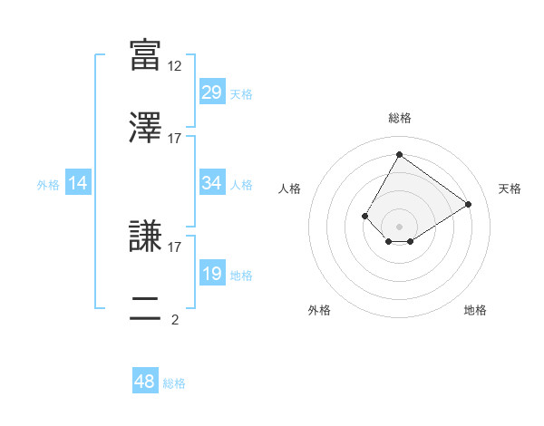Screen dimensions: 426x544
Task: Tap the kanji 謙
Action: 145,235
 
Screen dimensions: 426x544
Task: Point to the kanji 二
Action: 145,307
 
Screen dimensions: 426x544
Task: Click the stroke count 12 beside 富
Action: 175,65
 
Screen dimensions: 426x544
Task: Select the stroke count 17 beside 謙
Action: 175,246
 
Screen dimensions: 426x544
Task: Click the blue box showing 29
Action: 211,92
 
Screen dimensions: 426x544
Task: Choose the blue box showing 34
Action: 211,183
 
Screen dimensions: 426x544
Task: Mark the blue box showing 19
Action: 211,274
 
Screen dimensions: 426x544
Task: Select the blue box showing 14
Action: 78,183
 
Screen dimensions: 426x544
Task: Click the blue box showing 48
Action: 145,382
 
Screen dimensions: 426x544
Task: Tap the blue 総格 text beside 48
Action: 174,383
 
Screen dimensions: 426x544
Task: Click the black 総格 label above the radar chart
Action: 399,118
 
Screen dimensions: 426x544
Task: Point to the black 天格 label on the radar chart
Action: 510,189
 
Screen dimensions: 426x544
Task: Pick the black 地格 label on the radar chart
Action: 475,310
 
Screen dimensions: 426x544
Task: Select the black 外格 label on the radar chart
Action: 319,310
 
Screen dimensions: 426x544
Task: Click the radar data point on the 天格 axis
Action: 469,204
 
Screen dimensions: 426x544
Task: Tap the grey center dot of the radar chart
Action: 399,226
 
